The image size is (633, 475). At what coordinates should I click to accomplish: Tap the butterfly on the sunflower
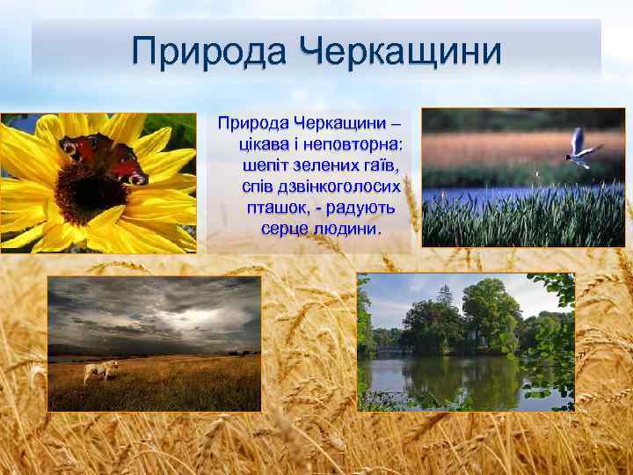[104, 158]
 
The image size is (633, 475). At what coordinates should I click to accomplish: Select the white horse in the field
[99, 370]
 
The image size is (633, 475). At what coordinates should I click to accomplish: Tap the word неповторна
[360, 142]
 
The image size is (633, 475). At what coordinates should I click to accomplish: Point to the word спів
[258, 186]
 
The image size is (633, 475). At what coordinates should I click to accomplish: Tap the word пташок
[279, 208]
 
